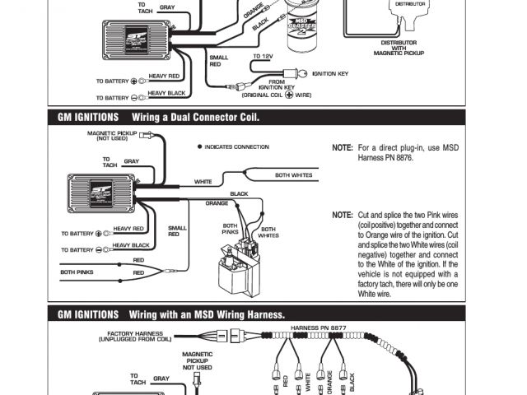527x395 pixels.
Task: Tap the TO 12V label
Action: (x=263, y=56)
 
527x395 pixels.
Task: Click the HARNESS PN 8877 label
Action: (x=319, y=328)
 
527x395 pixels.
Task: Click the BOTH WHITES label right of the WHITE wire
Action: (x=293, y=174)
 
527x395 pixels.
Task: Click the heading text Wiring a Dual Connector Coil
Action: (x=195, y=117)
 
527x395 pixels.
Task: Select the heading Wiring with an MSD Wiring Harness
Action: (x=207, y=314)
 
